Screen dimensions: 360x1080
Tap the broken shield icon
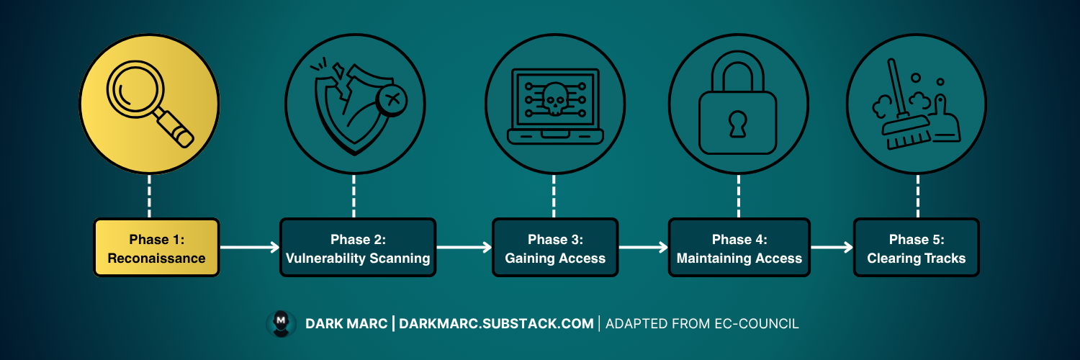[346, 107]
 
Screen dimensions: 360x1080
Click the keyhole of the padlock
[738, 124]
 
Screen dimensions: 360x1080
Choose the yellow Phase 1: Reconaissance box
[156, 248]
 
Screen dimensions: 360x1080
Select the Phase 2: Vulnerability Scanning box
[358, 248]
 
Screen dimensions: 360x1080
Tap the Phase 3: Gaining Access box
[555, 248]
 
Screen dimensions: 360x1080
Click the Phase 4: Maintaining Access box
[739, 248]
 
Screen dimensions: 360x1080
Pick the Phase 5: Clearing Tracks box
[916, 248]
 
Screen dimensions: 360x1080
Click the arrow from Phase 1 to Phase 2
[249, 248]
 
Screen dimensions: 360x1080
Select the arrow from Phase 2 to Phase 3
[464, 248]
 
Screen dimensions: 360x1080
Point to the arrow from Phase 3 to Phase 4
[643, 248]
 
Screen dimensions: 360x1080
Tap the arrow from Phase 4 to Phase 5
[832, 248]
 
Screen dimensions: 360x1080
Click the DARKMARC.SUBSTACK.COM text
[497, 324]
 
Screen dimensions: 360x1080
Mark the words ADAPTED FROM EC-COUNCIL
[702, 324]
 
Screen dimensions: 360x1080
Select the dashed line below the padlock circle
[738, 195]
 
